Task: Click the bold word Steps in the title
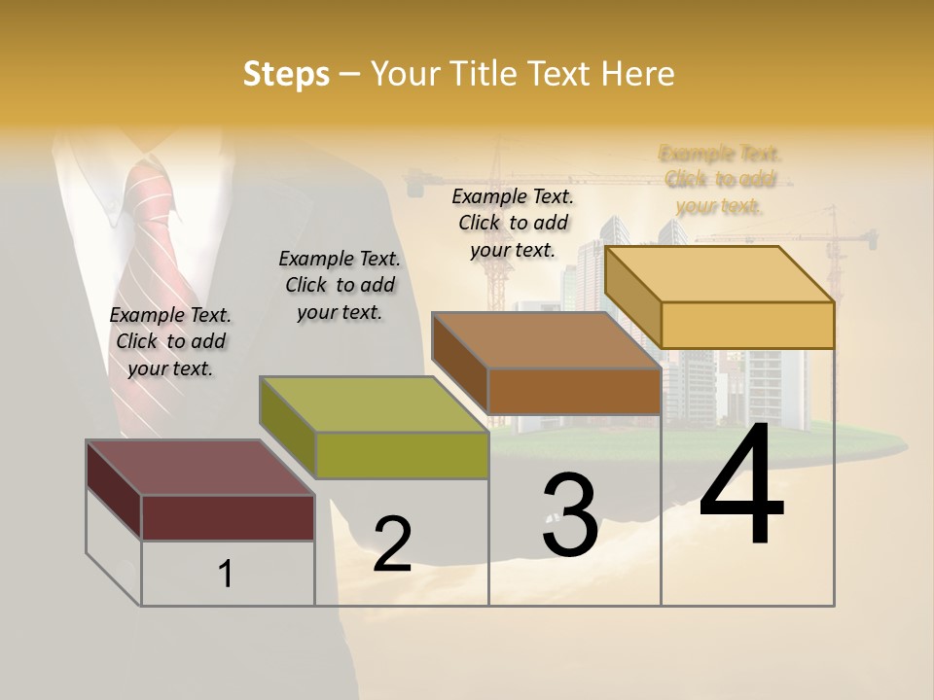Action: pos(286,74)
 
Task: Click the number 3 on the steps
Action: pos(570,515)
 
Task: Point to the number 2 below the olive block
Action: pos(392,544)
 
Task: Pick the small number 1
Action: pos(226,574)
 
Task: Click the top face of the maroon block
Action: pos(199,468)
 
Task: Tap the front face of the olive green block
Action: pos(402,455)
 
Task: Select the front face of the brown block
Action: pos(574,391)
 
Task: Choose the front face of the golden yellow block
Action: pos(747,325)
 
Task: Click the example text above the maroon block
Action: pos(170,341)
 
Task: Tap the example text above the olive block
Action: pos(340,285)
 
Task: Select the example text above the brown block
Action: pos(513,223)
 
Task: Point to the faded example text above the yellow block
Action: pos(720,179)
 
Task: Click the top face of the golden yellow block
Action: pos(720,273)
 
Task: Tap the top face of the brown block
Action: pos(547,340)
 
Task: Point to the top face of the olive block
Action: pos(374,404)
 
